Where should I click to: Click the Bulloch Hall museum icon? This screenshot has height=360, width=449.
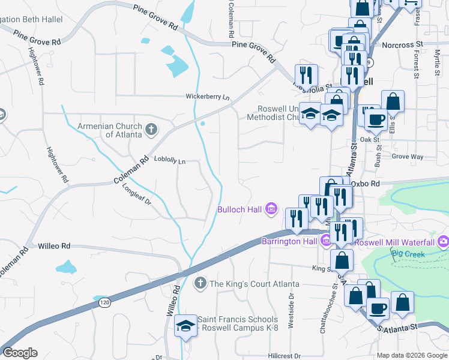(x=271, y=209)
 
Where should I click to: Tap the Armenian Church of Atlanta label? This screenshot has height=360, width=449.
(x=110, y=130)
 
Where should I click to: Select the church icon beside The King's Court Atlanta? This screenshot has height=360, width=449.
(x=201, y=283)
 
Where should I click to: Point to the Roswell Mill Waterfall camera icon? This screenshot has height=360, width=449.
(x=444, y=242)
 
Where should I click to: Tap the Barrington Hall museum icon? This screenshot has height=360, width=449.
(x=326, y=242)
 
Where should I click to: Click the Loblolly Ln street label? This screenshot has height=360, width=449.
(x=170, y=161)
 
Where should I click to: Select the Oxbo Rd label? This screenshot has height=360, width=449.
(x=366, y=184)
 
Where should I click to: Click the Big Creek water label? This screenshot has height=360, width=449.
(x=408, y=254)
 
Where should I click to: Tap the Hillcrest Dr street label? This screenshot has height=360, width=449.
(x=284, y=355)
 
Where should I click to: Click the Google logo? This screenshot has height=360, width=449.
(x=20, y=353)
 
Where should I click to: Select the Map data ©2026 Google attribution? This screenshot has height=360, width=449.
(x=411, y=355)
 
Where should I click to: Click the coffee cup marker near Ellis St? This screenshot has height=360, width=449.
(x=376, y=119)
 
